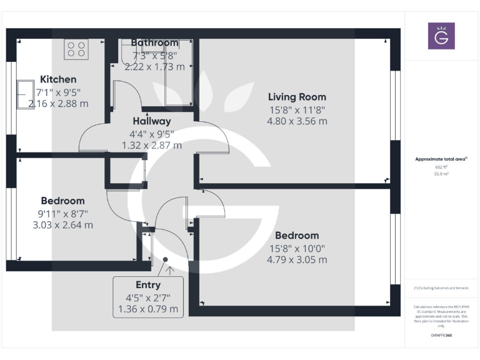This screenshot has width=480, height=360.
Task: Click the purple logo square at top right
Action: tap(441, 36)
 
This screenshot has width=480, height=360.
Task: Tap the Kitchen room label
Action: tap(58, 79)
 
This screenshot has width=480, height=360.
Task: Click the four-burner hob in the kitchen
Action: tap(77, 49)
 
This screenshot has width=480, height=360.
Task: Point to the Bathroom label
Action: tap(154, 42)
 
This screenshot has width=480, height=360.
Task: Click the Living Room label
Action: tap(297, 97)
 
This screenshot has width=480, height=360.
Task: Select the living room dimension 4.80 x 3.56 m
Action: tap(297, 121)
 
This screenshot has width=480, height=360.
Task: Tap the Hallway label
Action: tap(152, 121)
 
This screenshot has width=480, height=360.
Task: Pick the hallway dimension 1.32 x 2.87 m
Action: tap(152, 145)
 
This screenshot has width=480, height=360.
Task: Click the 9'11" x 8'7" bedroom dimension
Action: tap(62, 213)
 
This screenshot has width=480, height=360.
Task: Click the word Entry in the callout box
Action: tap(148, 285)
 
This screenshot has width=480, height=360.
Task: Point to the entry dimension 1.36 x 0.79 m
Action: tap(148, 309)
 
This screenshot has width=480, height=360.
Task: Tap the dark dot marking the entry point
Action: tap(166, 259)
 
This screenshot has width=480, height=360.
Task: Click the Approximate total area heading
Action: tap(441, 159)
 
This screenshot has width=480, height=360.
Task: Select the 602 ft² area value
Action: tap(441, 167)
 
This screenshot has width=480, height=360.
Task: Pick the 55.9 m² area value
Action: tap(441, 174)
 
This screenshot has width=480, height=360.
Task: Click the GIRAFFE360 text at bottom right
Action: tap(441, 336)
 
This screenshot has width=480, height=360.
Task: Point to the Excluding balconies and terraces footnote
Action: tap(441, 288)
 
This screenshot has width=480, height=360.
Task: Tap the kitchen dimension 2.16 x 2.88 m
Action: tap(58, 103)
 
